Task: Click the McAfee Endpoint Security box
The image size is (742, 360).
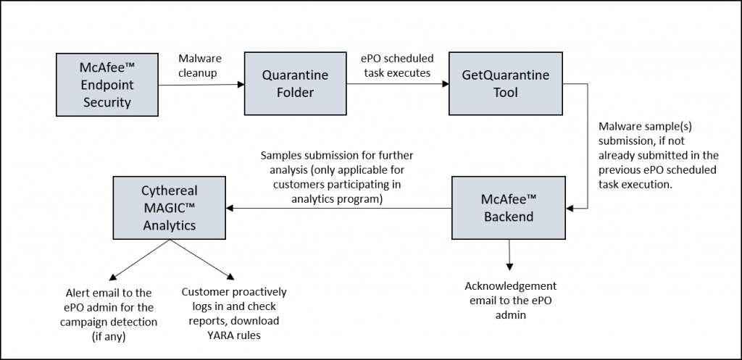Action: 107,84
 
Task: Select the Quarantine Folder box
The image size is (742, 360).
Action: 295,84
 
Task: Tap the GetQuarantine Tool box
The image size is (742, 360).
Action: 505,83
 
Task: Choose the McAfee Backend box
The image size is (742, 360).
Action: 509,207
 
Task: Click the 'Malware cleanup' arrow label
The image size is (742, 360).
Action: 199,65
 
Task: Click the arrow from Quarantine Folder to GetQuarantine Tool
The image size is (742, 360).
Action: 396,84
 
